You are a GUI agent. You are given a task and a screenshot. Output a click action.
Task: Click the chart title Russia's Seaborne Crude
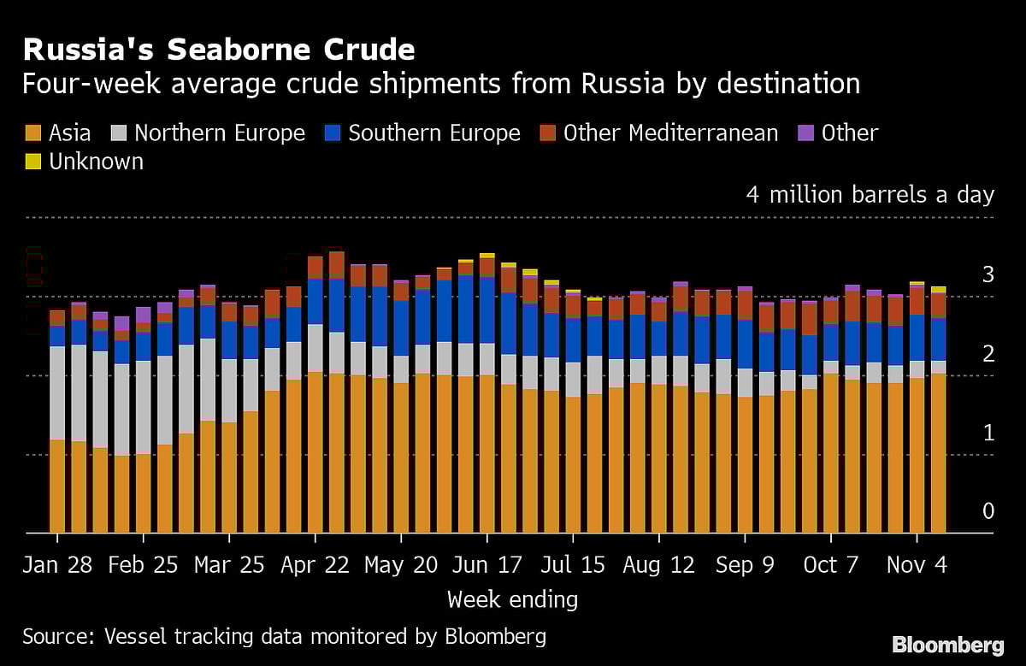coord(219,50)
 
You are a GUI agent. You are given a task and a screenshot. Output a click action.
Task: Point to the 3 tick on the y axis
coord(988,274)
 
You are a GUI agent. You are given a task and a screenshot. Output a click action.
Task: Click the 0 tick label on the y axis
coord(988,511)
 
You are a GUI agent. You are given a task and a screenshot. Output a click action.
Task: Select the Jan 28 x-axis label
coord(57,565)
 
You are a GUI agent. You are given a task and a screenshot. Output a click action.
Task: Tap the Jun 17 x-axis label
coord(486,565)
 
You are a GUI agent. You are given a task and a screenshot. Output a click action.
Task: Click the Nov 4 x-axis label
coord(917,565)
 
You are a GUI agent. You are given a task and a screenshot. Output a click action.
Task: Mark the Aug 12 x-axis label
coord(658,565)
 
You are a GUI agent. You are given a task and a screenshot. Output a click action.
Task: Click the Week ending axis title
coord(512,599)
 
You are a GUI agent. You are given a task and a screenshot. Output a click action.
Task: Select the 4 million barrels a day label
coord(870,195)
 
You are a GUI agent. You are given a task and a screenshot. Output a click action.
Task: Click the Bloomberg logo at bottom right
coord(947,644)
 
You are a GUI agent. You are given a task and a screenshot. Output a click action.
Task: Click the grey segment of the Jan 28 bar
coord(57,393)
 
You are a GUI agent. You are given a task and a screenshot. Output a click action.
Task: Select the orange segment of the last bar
coord(938,453)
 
